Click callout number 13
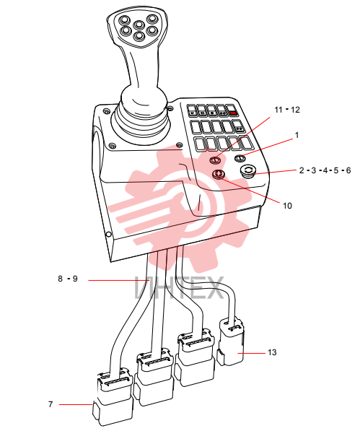click(x=272, y=352)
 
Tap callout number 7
click(x=51, y=404)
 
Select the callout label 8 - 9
click(x=68, y=279)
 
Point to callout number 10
click(x=287, y=206)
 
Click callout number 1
click(x=297, y=135)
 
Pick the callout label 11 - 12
click(x=287, y=110)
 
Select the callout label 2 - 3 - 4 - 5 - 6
click(x=325, y=170)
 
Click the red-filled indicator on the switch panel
click(x=234, y=113)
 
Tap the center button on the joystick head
click(x=139, y=25)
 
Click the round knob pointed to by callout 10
click(x=219, y=173)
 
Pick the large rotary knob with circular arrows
click(x=247, y=171)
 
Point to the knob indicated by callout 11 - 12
click(x=215, y=160)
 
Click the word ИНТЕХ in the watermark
click(x=180, y=288)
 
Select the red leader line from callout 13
click(x=251, y=353)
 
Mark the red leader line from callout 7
click(x=76, y=404)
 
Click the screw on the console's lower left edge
click(x=108, y=234)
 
